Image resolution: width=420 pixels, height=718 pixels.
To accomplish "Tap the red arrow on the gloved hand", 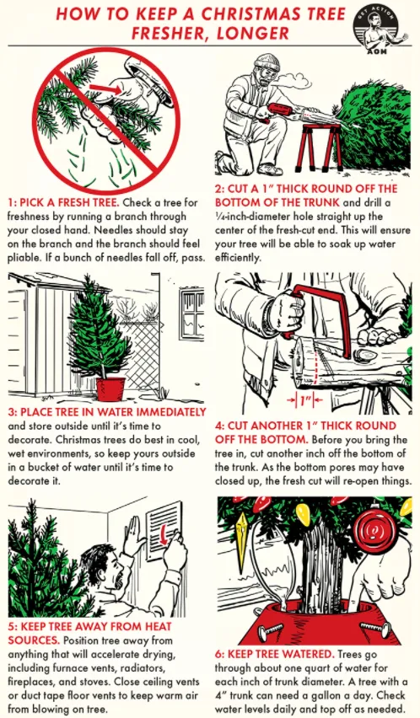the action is pyautogui.click(x=105, y=88).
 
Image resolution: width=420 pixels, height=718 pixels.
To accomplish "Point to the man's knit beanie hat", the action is pyautogui.click(x=267, y=61).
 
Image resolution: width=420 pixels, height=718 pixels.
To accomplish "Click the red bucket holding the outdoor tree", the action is pyautogui.click(x=110, y=388).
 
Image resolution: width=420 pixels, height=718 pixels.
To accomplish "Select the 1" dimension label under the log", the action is pyautogui.click(x=305, y=400).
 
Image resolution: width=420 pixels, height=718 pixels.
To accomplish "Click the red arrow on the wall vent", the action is pyautogui.click(x=162, y=534).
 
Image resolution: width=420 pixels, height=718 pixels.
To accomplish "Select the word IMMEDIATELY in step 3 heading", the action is pyautogui.click(x=171, y=412).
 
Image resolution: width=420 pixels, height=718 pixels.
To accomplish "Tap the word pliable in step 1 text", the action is pyautogui.click(x=23, y=258).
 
